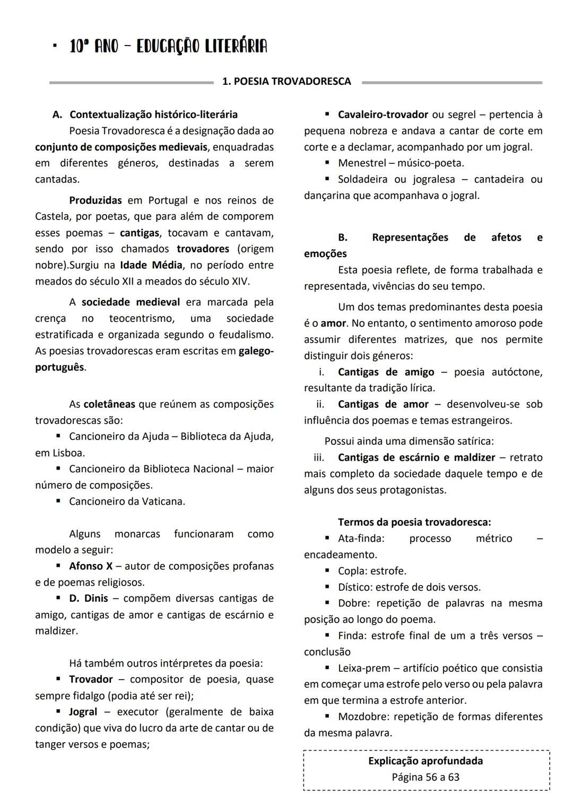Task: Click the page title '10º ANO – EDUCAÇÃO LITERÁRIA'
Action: click(x=168, y=47)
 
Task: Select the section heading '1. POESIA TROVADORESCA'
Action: click(x=286, y=82)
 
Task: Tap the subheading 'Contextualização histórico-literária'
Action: click(x=154, y=115)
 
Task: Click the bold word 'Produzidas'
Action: click(x=95, y=200)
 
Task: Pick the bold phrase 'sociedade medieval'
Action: click(x=131, y=302)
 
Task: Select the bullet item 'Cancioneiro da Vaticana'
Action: click(x=127, y=502)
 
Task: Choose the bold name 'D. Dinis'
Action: click(x=89, y=599)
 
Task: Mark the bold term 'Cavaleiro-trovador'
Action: click(x=383, y=115)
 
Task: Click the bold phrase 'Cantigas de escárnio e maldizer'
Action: click(x=416, y=458)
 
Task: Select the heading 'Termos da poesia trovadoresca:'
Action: click(x=414, y=522)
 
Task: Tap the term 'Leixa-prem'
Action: click(x=364, y=668)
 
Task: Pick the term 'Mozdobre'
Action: click(x=362, y=717)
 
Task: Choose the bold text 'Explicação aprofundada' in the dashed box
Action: click(x=426, y=761)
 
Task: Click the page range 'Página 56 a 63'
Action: click(x=426, y=777)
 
